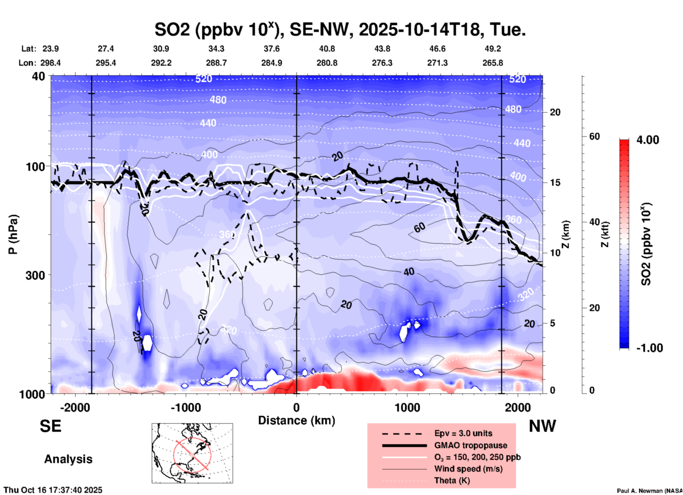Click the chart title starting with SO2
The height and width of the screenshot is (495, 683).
340,30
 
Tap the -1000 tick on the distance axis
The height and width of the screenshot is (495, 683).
185,408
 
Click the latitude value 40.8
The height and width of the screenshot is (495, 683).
327,49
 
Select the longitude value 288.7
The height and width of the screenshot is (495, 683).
216,63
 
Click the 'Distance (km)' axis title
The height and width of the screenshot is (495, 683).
296,420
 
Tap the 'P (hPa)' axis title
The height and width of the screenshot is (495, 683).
13,234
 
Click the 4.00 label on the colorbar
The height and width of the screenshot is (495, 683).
648,140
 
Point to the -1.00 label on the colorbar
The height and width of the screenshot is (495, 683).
649,348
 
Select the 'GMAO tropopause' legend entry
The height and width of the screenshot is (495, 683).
471,445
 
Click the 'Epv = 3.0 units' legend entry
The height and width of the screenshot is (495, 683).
463,433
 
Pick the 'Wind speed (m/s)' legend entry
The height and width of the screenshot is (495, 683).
468,469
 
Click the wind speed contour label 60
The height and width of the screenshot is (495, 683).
420,228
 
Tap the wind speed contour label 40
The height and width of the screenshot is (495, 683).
409,272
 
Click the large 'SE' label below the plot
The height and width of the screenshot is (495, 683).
50,426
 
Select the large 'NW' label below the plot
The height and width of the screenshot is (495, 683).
542,426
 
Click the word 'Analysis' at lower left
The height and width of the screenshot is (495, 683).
68,459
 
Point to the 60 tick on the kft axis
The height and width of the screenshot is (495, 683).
595,136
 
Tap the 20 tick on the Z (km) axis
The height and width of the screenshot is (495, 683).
555,112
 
